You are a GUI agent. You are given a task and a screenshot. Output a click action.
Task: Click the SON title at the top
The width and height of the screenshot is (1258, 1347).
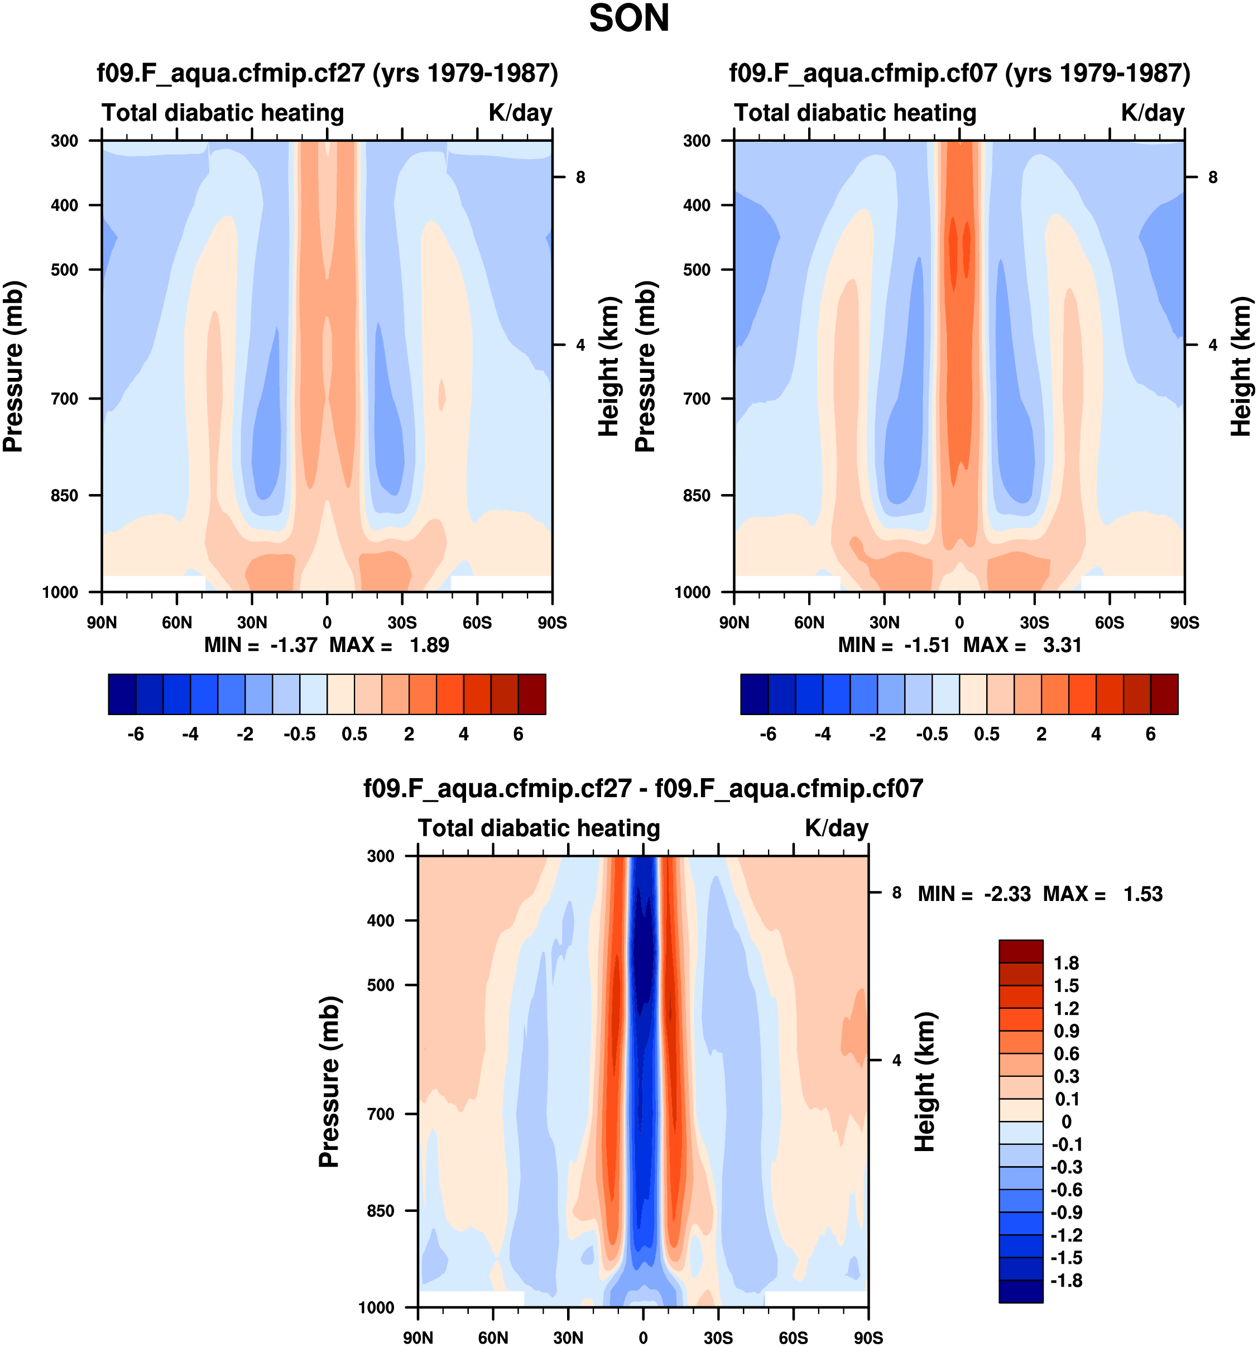pos(628,19)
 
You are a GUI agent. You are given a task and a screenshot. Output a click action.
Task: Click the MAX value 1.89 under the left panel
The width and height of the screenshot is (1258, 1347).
pos(429,645)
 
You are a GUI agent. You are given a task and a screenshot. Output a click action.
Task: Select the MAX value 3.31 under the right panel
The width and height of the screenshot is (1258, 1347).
pos(1062,645)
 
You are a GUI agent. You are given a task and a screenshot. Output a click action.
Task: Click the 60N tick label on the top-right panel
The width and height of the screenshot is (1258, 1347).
pos(809,622)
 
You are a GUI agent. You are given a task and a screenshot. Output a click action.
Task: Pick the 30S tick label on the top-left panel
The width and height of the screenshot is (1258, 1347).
pos(402,622)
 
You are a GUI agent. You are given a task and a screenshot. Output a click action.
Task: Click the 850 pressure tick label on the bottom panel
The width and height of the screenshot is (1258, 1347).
pos(381,1211)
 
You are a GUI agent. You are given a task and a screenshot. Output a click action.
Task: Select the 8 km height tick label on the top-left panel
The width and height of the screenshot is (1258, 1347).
pos(580,178)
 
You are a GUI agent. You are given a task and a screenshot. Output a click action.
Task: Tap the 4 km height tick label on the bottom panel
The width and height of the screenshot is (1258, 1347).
pos(896,1061)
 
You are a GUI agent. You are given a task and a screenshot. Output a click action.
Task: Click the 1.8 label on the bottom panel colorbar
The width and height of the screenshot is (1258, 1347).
pos(1066,963)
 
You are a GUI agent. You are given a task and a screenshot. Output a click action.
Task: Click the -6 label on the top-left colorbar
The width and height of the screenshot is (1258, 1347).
pos(136,735)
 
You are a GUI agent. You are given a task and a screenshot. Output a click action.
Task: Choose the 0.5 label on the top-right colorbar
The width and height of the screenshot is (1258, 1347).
pos(986,735)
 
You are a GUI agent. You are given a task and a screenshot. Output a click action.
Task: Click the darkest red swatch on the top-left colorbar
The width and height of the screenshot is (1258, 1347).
pos(532,694)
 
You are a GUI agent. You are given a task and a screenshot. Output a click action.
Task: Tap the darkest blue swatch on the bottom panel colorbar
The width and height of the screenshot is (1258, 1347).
pos(1021,1291)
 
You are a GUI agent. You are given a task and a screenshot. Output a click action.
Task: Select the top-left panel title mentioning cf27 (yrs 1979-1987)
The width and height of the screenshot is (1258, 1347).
pos(327,73)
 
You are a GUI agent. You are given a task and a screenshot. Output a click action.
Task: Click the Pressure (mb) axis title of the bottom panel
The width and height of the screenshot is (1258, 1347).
pos(329,1082)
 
